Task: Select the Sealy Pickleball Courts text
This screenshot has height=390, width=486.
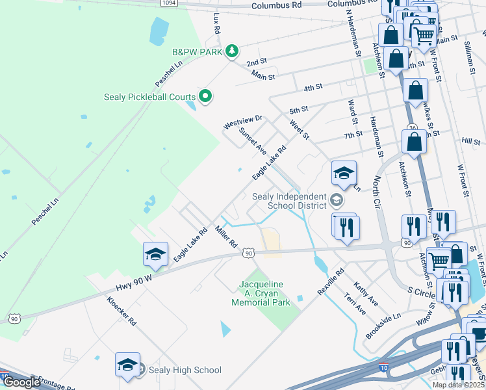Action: pyautogui.click(x=150, y=97)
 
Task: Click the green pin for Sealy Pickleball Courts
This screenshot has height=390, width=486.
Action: pyautogui.click(x=206, y=97)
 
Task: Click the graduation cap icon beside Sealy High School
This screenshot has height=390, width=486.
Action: pyautogui.click(x=128, y=365)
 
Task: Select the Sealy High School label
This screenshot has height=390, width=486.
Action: pyautogui.click(x=185, y=370)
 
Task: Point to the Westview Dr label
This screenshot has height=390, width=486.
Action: pyautogui.click(x=242, y=120)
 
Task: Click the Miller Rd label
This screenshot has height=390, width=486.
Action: pyautogui.click(x=225, y=237)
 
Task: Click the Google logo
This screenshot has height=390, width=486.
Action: pyautogui.click(x=21, y=382)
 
